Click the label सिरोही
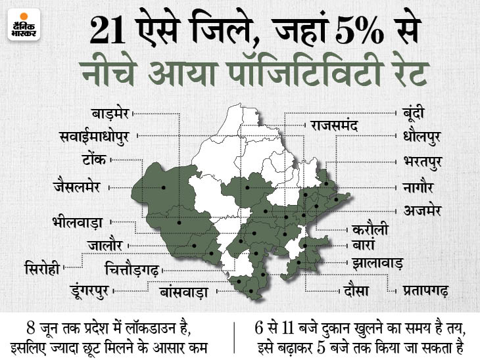tap(43, 269)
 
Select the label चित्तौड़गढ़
tap(132, 269)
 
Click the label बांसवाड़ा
tap(182, 290)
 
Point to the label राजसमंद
tap(335, 124)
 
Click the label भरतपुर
tap(422, 161)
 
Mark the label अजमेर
tap(421, 210)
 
